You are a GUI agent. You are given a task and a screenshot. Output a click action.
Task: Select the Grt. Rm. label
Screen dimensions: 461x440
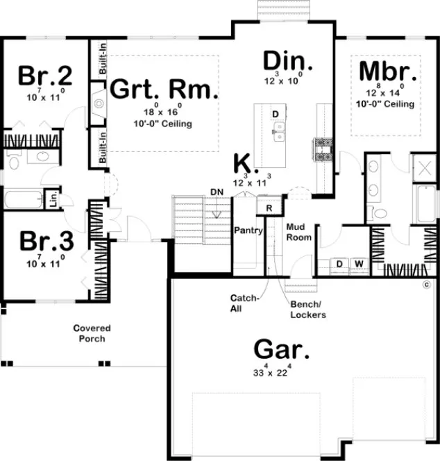coord(164,90)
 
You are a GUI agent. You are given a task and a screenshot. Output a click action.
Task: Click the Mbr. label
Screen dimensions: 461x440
coord(389,72)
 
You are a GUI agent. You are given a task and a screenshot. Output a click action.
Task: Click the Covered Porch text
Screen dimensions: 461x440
coord(92,333)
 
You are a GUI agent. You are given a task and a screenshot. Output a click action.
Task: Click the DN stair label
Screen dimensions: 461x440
coord(216,192)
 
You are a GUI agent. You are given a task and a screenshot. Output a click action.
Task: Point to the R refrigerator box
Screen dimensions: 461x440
coord(269,206)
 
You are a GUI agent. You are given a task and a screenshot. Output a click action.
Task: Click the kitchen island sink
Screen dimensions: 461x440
coord(278,130)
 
